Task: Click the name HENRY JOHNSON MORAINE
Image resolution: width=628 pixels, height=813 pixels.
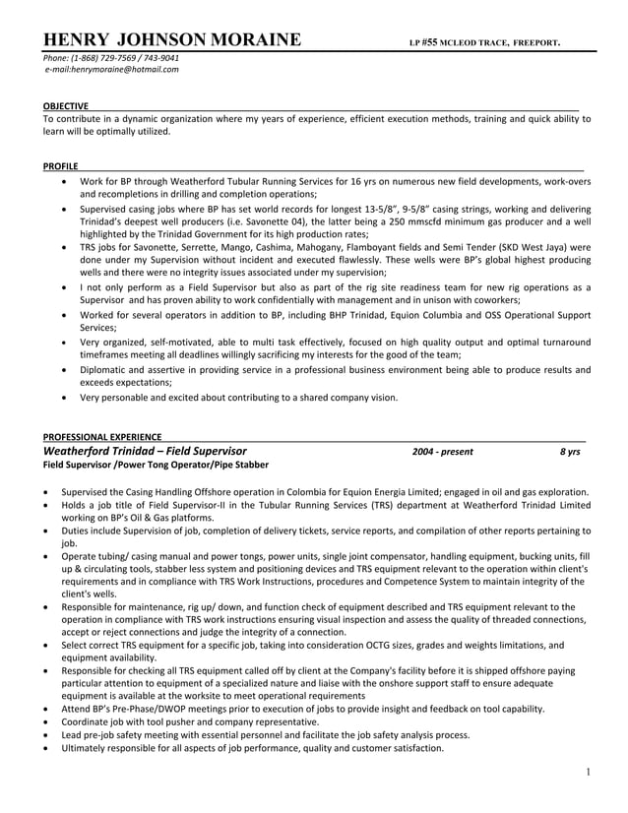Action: click(x=171, y=40)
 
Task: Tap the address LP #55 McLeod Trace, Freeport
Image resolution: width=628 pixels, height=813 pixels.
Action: click(x=485, y=42)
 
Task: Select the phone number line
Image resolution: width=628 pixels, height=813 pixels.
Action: click(x=110, y=57)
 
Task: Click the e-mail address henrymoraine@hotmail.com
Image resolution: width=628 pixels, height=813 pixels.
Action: click(x=110, y=69)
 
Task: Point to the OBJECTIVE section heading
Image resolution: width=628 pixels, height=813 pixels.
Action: click(x=65, y=105)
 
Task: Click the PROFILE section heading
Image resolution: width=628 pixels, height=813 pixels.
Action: click(x=60, y=166)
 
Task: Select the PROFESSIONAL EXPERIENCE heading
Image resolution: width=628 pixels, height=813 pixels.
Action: click(x=102, y=436)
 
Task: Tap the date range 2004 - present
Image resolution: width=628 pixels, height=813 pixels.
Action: click(x=442, y=452)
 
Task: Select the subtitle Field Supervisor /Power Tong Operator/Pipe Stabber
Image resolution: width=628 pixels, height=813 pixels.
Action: click(x=155, y=465)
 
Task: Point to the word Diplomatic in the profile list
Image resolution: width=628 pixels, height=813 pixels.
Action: click(x=104, y=370)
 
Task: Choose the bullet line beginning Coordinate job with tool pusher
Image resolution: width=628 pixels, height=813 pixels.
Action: click(x=196, y=721)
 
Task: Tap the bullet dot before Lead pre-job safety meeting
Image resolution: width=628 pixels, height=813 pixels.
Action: click(x=46, y=734)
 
